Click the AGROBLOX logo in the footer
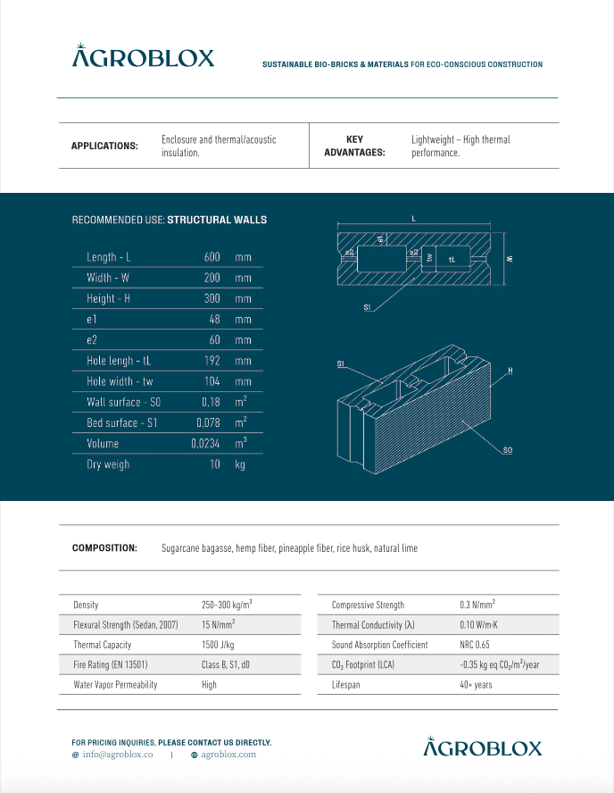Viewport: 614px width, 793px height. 482,747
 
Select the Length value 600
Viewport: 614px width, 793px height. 212,257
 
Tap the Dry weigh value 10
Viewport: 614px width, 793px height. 214,464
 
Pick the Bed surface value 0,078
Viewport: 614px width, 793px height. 208,423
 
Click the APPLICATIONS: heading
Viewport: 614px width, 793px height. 104,146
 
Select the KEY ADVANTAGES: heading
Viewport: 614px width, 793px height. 354,146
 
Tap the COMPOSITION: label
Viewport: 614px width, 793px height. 104,548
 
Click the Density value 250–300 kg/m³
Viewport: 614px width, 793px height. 233,605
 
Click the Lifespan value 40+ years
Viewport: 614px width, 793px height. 476,685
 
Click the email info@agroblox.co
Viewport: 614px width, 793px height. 117,755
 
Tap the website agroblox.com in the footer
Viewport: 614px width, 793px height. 228,755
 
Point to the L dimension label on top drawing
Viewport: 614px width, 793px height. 413,218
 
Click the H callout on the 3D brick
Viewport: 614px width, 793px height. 510,370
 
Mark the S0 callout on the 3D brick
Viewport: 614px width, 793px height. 507,450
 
